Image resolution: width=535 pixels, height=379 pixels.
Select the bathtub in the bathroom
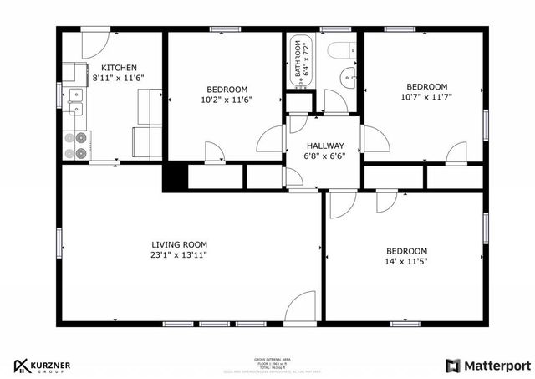(300, 59)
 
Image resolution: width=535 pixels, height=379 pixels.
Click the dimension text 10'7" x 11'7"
(426, 97)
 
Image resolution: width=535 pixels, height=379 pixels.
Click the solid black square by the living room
(174, 177)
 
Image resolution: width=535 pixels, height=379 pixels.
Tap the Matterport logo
(487, 366)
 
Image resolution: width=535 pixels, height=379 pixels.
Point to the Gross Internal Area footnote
(266, 362)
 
